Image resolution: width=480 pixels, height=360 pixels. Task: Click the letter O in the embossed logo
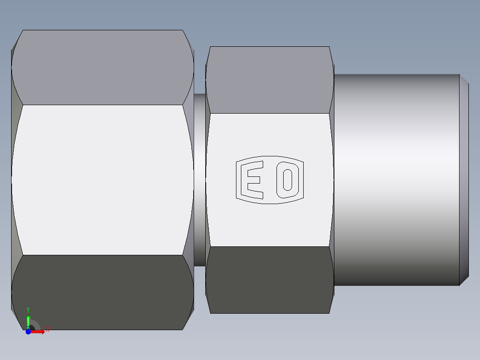point(287,180)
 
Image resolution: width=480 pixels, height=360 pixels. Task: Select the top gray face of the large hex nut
point(102,67)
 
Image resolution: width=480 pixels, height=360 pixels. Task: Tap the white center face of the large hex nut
point(102,180)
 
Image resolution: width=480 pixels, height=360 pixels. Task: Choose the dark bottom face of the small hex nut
point(269,280)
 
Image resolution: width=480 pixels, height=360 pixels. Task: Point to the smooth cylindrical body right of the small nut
point(396,180)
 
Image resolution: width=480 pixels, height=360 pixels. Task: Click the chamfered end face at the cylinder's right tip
point(464,180)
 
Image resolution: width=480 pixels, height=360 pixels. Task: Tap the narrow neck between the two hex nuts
point(200,180)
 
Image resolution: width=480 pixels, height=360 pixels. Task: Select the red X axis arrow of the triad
point(39,331)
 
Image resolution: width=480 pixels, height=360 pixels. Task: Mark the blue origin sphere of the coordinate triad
point(28,331)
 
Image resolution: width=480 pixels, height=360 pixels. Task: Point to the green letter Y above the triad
point(28,310)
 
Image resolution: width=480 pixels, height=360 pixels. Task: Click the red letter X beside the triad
point(47,330)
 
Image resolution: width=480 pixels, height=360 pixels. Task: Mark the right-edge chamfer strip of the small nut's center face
point(331,180)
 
